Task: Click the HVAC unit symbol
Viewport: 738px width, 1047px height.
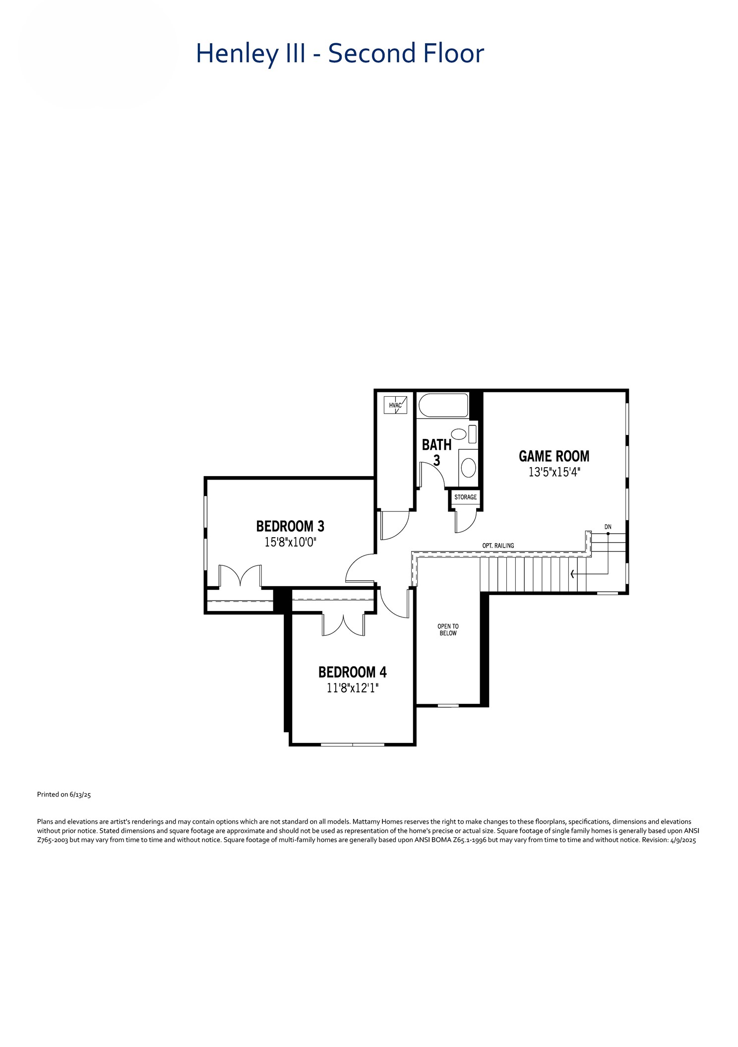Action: (x=395, y=405)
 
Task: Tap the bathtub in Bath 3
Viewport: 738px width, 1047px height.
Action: (x=443, y=405)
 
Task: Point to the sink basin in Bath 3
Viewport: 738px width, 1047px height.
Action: (x=468, y=467)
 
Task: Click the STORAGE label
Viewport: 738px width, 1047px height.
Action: (x=465, y=497)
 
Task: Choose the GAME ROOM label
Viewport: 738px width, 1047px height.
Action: (x=554, y=456)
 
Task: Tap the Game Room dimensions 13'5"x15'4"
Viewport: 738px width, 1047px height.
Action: (x=554, y=472)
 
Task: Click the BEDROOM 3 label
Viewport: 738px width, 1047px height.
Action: (x=290, y=526)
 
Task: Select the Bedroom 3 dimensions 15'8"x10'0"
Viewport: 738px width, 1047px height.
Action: (x=290, y=542)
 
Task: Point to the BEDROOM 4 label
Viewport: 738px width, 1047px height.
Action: (x=352, y=672)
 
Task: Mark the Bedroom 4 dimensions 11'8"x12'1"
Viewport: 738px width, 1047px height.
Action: (x=352, y=688)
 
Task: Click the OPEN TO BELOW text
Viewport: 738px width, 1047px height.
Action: (x=448, y=630)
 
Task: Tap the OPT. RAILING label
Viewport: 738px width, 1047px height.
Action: (x=498, y=546)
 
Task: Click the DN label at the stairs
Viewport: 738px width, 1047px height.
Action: (x=608, y=527)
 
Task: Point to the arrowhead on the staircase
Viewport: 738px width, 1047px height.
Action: (x=573, y=574)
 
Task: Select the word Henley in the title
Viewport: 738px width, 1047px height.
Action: (x=237, y=54)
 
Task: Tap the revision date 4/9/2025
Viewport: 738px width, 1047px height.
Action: (x=683, y=840)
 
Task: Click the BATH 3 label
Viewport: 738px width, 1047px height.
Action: (x=436, y=452)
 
